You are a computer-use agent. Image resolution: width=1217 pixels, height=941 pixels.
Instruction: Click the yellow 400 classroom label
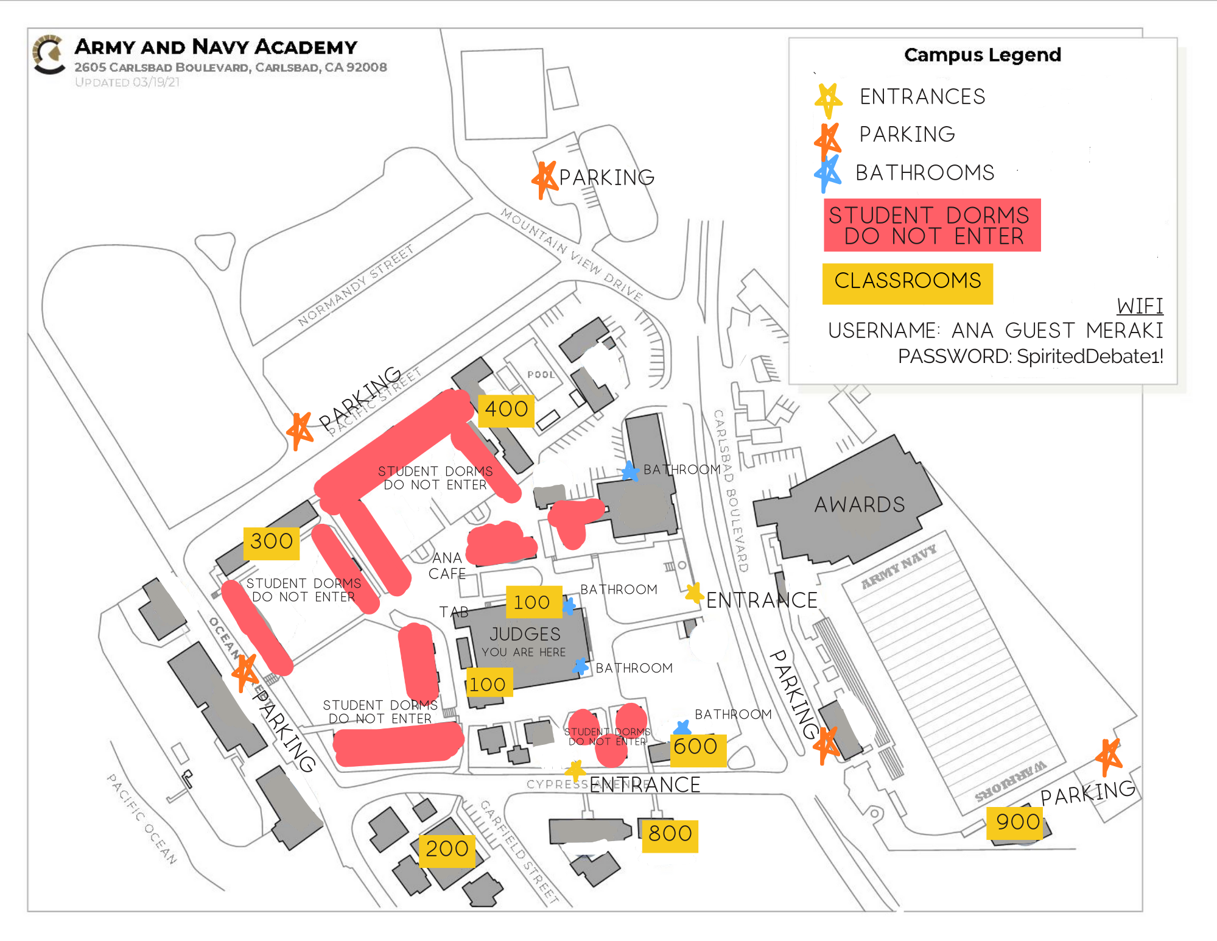(x=506, y=410)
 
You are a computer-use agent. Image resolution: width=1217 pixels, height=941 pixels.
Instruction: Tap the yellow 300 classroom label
(x=272, y=542)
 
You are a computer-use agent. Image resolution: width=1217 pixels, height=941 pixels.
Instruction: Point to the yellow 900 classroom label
(x=1017, y=823)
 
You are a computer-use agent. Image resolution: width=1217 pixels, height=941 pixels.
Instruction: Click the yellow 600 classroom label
(x=695, y=747)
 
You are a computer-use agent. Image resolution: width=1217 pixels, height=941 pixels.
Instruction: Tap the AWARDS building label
(x=860, y=505)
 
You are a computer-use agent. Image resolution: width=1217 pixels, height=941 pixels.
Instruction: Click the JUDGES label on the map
(x=525, y=635)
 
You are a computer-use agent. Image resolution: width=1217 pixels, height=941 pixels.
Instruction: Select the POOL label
(x=541, y=375)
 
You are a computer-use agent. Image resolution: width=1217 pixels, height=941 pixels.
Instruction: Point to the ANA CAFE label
(x=447, y=566)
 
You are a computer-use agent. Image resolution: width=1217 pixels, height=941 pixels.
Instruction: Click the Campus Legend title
(x=982, y=55)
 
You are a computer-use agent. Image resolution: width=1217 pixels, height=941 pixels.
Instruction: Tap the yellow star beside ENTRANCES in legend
(x=829, y=99)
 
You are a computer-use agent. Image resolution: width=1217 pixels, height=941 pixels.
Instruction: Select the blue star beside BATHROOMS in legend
(x=828, y=174)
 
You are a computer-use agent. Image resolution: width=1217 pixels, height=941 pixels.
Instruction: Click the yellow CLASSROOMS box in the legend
(x=907, y=283)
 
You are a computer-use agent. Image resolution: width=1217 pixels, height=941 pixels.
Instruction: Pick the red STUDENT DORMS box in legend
(x=931, y=225)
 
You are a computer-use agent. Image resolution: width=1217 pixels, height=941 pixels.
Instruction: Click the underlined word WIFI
(x=1140, y=306)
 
